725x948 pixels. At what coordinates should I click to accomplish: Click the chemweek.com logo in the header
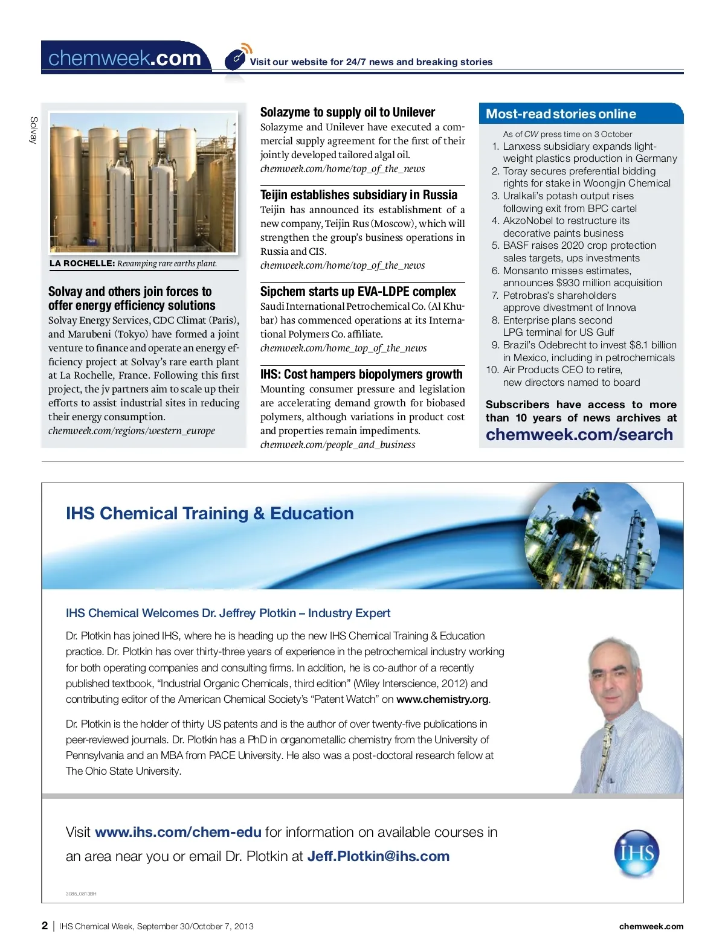coord(124,58)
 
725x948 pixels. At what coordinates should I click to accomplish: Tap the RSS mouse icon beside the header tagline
coord(236,59)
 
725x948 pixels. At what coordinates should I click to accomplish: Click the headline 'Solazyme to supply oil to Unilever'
coord(347,112)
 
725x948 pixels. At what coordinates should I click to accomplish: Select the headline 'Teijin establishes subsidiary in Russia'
coord(359,195)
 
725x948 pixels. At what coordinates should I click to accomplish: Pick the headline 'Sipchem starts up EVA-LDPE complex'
coord(358,292)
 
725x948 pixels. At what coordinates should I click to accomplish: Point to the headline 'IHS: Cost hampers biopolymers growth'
coord(361,374)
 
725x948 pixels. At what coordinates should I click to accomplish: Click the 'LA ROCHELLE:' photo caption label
coord(82,263)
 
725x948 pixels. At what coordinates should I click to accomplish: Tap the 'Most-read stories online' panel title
coord(561,114)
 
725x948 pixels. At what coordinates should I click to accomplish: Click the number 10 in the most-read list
coord(492,370)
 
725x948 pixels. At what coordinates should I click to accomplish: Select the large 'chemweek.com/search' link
coord(579,435)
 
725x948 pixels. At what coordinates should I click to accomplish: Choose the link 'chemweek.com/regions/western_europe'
coord(132,431)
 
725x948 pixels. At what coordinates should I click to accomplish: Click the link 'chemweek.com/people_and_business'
coord(338,445)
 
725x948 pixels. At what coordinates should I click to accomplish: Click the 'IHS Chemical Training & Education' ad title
coord(210,513)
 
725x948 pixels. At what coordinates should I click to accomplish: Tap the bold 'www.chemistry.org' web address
coord(442,699)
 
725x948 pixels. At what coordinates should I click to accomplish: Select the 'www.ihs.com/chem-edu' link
coord(178,832)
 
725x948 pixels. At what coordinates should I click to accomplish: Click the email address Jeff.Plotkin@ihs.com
coord(378,856)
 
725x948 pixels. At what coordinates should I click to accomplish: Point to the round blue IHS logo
coord(636,853)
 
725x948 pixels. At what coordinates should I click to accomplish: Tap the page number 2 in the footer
coord(45,926)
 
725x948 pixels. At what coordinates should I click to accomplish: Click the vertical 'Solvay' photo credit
coord(34,130)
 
